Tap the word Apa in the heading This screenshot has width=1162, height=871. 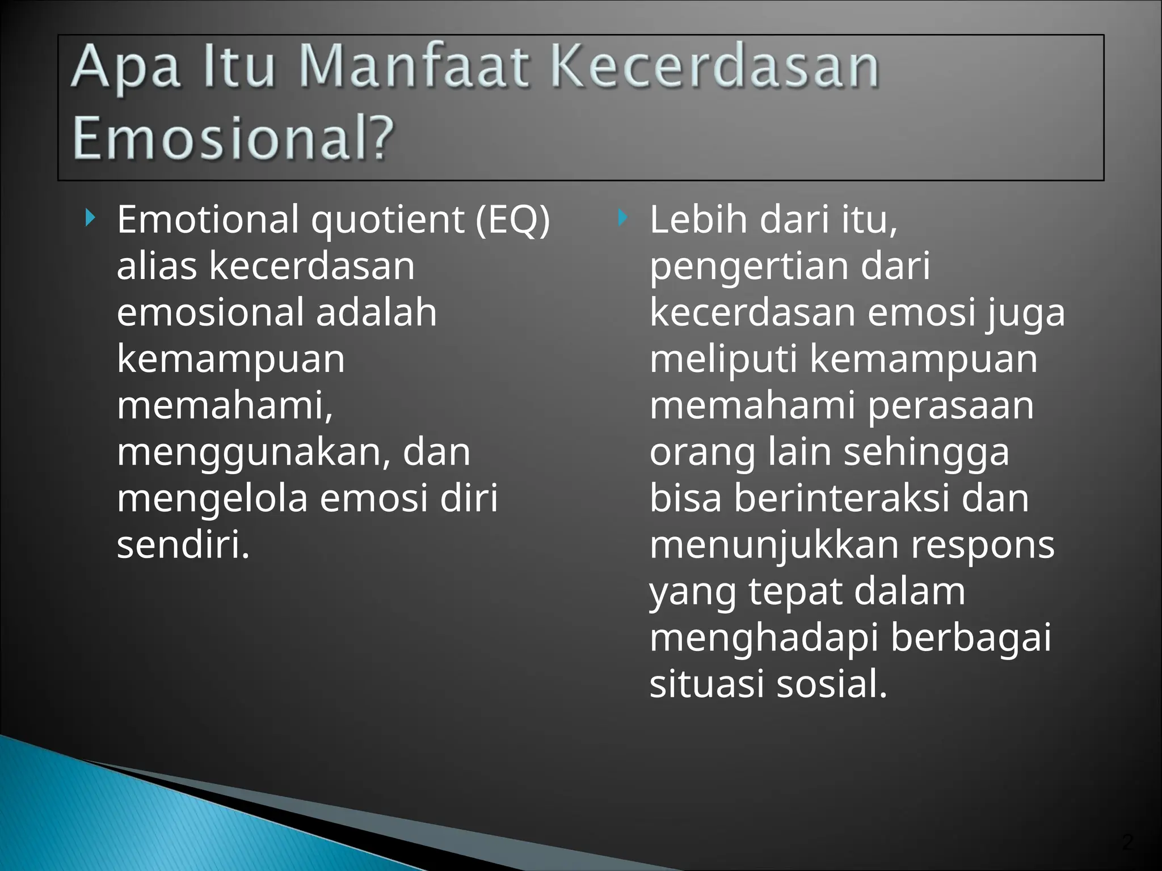(126, 70)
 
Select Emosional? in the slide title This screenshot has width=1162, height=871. (233, 138)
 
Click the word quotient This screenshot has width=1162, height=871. (388, 221)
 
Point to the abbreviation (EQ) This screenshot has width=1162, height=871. (513, 220)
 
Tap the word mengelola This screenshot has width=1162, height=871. (212, 500)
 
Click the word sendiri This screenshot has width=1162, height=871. (183, 545)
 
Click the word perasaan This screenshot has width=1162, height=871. (950, 406)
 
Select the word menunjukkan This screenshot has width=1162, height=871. (774, 546)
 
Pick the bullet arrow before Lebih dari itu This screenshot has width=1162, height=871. (622, 217)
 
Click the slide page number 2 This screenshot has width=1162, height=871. (1127, 842)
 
